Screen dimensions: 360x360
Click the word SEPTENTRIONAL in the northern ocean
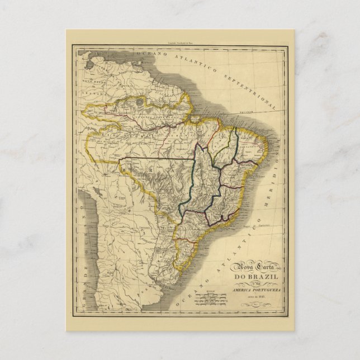pos(255,88)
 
